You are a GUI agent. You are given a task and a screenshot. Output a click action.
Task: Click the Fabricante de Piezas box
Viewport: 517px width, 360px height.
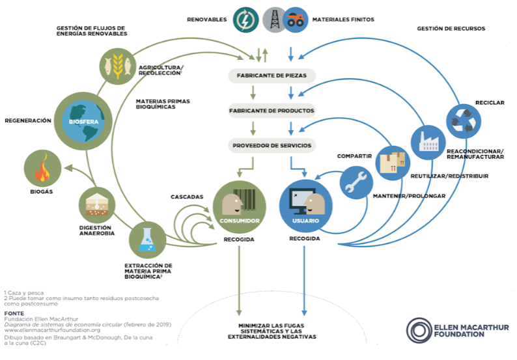pos(272,76)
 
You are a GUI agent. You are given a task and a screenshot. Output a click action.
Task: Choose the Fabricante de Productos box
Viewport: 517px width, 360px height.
pos(272,111)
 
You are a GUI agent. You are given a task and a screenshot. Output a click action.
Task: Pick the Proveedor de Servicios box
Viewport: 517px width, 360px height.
pos(272,145)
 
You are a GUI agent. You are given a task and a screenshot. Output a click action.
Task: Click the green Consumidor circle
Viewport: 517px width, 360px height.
pos(239,208)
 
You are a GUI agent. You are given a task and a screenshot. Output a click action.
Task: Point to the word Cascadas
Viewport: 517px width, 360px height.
pos(188,197)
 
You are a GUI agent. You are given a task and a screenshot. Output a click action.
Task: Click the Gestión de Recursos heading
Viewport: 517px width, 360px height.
pos(451,29)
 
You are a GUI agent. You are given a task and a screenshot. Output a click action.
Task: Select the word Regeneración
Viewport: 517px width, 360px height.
pos(27,120)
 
